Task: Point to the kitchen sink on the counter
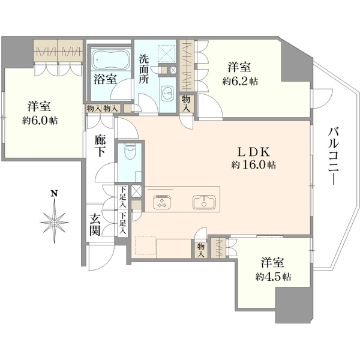(x=204, y=202)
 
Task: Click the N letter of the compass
(x=54, y=193)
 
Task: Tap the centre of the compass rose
(x=54, y=223)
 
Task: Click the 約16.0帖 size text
(x=253, y=164)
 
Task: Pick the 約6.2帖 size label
(x=240, y=81)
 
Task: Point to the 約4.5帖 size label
(x=273, y=277)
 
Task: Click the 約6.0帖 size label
(x=40, y=120)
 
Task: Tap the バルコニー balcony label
(x=333, y=155)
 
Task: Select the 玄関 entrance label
(x=95, y=225)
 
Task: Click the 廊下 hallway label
(x=100, y=146)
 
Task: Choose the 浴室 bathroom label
(x=105, y=79)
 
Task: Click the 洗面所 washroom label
(x=144, y=69)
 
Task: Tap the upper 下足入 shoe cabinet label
(x=123, y=197)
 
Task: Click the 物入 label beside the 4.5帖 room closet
(x=200, y=250)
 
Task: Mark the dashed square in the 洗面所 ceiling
(x=167, y=53)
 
